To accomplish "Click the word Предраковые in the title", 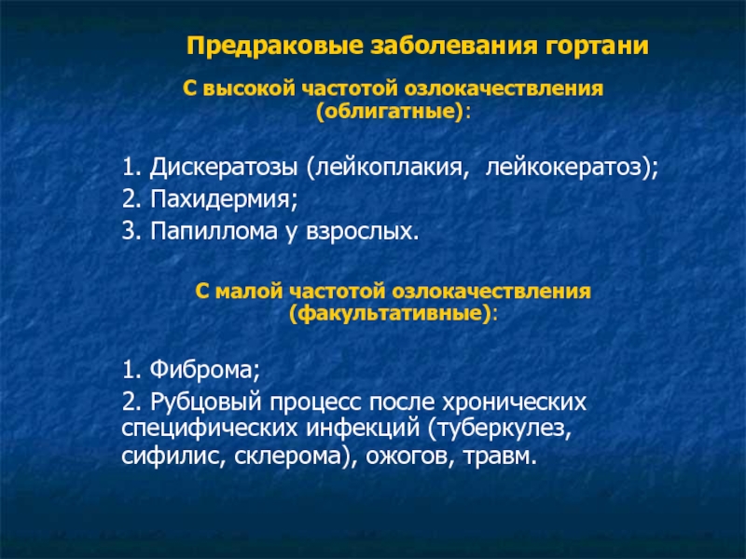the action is pyautogui.click(x=275, y=47).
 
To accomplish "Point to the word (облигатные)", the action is pyautogui.click(x=390, y=112).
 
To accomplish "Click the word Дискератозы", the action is pyautogui.click(x=224, y=168).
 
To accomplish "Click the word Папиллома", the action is pyautogui.click(x=214, y=231).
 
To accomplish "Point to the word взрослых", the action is pyautogui.click(x=359, y=232).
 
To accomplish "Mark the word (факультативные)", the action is pyautogui.click(x=390, y=314).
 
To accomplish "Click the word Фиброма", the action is pyautogui.click(x=202, y=369).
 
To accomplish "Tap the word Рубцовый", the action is pyautogui.click(x=206, y=402).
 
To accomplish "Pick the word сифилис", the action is pyautogui.click(x=170, y=456).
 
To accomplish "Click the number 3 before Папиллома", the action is pyautogui.click(x=129, y=232).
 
